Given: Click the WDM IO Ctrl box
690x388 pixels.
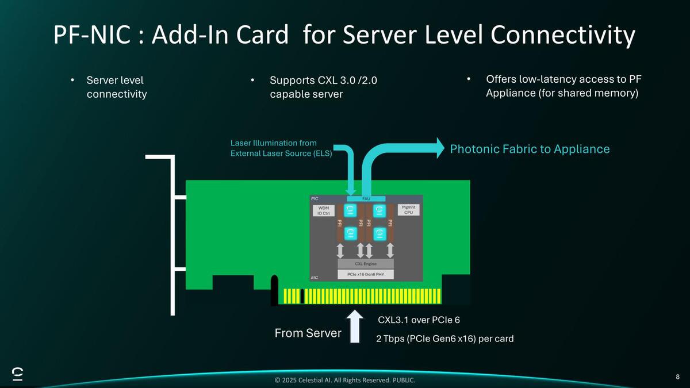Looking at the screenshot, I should (x=324, y=210).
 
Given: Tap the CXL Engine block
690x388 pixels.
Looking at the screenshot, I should (x=365, y=264).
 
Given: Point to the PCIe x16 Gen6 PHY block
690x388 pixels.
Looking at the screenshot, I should (x=365, y=274).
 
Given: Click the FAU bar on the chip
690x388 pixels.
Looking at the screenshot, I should (x=366, y=198).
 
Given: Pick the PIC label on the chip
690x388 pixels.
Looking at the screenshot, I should (x=315, y=198).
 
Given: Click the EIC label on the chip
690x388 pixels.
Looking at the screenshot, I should (x=315, y=278).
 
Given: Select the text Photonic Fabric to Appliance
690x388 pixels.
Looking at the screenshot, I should (x=530, y=149).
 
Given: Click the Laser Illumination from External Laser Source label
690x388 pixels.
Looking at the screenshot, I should (x=281, y=148).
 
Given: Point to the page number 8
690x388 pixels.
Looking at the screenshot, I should (x=678, y=377).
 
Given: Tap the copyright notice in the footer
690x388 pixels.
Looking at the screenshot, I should (x=345, y=381).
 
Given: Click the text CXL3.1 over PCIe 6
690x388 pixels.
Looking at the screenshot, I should (x=419, y=320).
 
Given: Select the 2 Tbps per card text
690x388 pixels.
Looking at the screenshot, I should (x=444, y=339).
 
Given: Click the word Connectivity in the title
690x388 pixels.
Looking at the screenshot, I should (x=563, y=36).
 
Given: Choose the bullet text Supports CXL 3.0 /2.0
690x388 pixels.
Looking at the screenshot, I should (x=323, y=80).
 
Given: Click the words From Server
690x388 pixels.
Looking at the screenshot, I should (x=308, y=333).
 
